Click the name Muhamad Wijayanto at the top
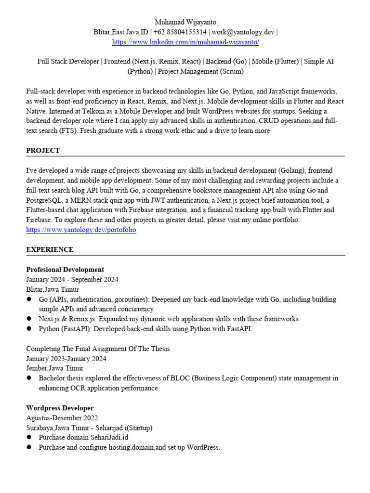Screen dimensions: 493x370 [x=185, y=22]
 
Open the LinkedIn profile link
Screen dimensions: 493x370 [x=185, y=42]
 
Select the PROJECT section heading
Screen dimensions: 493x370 [x=43, y=151]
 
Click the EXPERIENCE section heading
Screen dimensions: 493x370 [x=50, y=249]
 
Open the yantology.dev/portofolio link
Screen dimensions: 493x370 [x=81, y=230]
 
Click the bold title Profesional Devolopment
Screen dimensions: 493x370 [x=65, y=270]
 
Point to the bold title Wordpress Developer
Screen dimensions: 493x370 [x=60, y=408]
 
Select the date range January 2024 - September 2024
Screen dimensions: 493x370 [x=72, y=280]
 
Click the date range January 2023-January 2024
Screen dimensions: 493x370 [x=66, y=359]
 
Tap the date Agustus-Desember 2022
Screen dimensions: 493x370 [x=62, y=418]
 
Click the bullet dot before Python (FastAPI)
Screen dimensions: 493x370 [x=29, y=329]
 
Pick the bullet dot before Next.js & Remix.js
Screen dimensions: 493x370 [x=29, y=319]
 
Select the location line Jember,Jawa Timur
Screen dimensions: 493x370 [x=55, y=368]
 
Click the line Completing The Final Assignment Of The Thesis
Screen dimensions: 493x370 [x=98, y=349]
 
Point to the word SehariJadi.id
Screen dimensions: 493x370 [x=109, y=438]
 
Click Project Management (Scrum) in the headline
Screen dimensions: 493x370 [x=199, y=72]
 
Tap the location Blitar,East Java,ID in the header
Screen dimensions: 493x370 [x=121, y=32]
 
